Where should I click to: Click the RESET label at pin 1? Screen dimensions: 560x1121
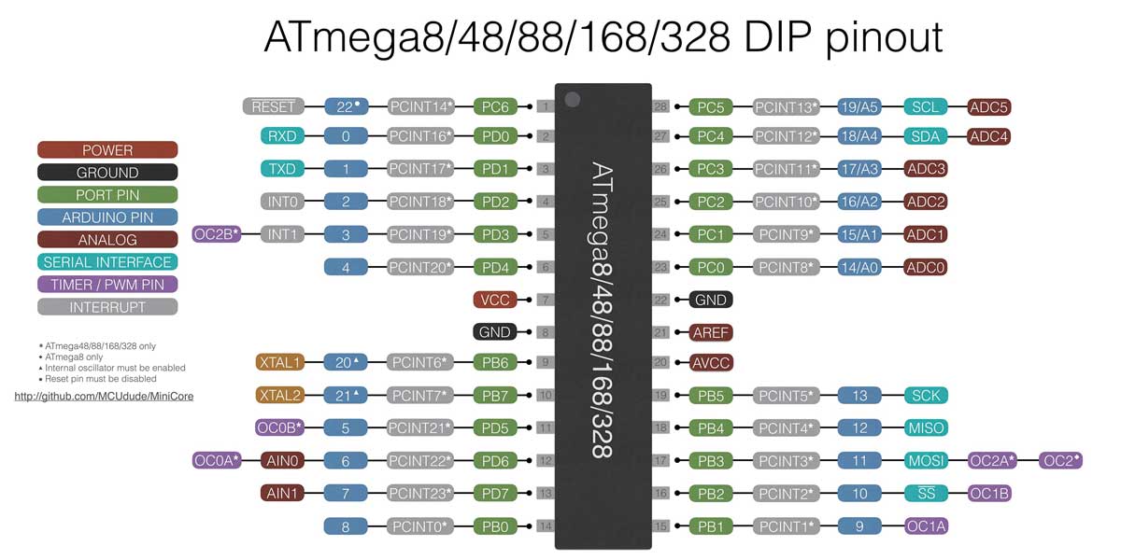(x=274, y=107)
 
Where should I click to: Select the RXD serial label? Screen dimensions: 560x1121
(x=281, y=137)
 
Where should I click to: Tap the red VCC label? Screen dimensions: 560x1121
(x=495, y=301)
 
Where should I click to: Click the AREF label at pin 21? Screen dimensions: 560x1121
(x=712, y=332)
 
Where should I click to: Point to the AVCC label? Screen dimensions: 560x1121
(x=712, y=363)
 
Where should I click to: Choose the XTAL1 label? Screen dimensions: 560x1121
(x=279, y=362)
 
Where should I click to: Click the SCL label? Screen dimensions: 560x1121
(x=926, y=107)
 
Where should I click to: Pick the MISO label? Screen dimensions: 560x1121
(x=926, y=427)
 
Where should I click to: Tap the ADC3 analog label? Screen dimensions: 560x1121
(x=926, y=169)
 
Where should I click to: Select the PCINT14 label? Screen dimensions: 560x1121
(x=421, y=107)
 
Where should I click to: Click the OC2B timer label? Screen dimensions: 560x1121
(x=217, y=234)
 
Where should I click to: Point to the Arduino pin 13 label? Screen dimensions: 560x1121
(x=859, y=396)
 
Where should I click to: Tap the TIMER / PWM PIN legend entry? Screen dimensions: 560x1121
(x=107, y=285)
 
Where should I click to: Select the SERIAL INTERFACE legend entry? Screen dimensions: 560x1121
(x=107, y=262)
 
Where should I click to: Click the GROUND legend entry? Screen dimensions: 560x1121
(x=107, y=173)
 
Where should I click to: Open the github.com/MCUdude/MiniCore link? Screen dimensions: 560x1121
(x=104, y=397)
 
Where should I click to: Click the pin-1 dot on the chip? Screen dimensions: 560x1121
(x=573, y=99)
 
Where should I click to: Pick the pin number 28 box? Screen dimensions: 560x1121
(x=661, y=107)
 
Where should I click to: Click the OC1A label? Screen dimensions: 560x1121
(x=926, y=526)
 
